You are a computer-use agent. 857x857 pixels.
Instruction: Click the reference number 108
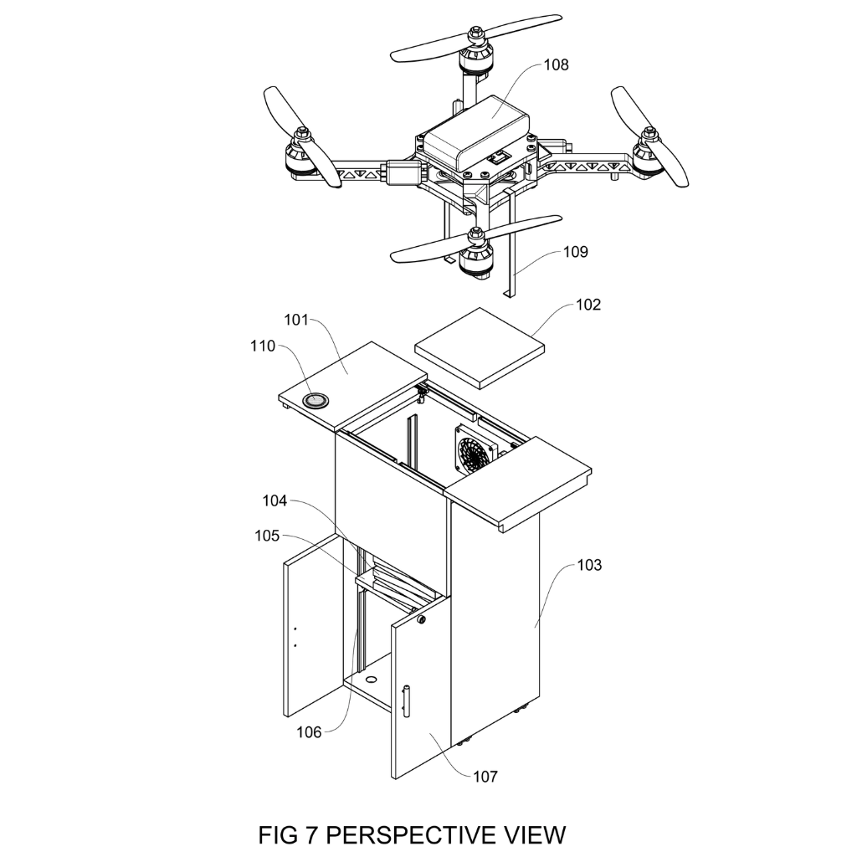tap(556, 65)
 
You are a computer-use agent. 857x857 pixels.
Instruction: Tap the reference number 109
tap(576, 252)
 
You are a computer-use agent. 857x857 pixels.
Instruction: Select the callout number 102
tap(588, 305)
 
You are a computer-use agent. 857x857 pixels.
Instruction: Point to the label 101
tap(296, 320)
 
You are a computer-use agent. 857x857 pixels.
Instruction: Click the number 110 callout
tap(263, 346)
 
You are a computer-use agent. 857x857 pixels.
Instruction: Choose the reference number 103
tap(589, 565)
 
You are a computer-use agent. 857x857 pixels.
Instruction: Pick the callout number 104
tap(275, 500)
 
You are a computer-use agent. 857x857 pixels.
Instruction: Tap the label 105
tap(267, 536)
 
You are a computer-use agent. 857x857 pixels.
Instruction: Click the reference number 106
tap(309, 732)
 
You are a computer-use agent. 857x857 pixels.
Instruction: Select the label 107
tap(485, 777)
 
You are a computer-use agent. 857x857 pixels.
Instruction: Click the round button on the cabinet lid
tap(316, 401)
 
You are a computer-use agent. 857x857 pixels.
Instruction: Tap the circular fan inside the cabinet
tap(475, 452)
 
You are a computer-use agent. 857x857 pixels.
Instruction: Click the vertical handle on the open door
tap(406, 700)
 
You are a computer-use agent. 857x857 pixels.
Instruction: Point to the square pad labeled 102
tap(480, 347)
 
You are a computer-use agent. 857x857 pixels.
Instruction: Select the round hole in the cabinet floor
tap(371, 680)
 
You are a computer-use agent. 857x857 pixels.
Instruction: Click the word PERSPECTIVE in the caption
tap(411, 834)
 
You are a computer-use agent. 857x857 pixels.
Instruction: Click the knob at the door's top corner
tap(422, 620)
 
